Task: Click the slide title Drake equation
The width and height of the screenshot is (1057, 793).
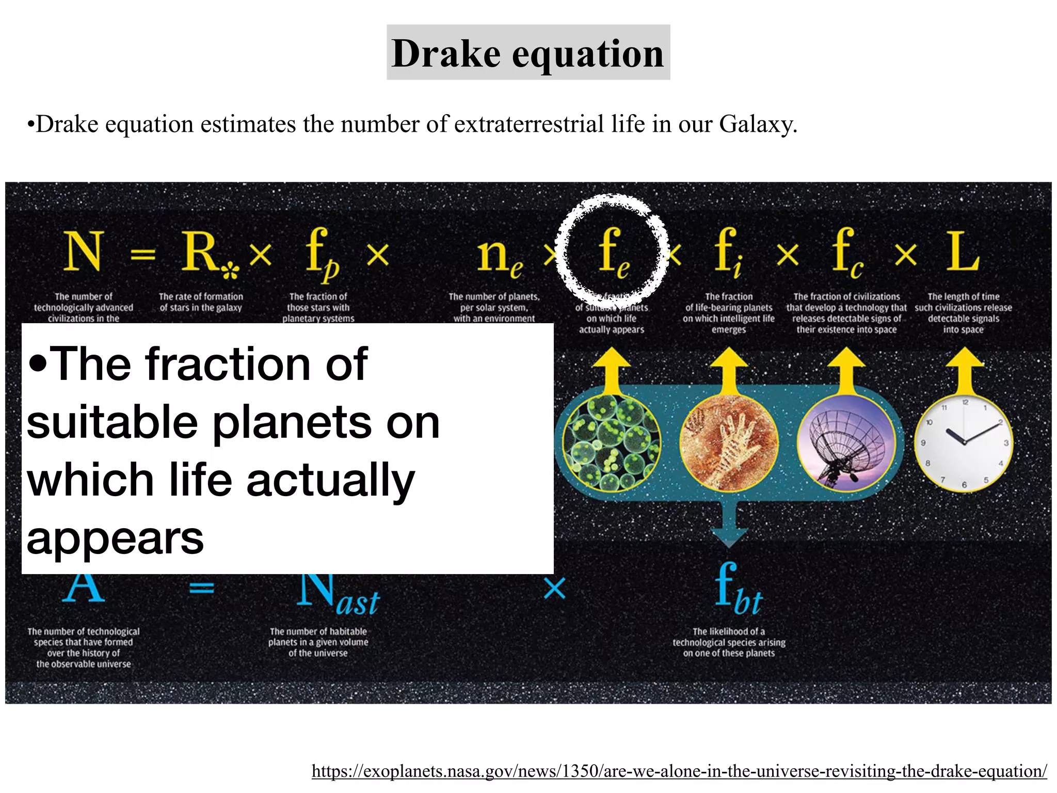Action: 528,53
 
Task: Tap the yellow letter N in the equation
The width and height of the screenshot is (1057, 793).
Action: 83,251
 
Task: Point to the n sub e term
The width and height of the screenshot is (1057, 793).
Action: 498,256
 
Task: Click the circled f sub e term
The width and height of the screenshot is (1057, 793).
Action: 612,251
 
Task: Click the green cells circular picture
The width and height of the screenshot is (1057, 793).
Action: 611,443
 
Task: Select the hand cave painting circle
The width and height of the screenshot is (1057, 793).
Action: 728,443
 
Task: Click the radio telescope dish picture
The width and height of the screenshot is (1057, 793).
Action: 846,443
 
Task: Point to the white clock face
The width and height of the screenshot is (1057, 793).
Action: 964,443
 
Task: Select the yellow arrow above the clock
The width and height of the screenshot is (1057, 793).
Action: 964,369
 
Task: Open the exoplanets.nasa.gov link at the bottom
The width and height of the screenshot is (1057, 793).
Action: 679,771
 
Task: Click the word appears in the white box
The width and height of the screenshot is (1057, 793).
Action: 115,538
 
